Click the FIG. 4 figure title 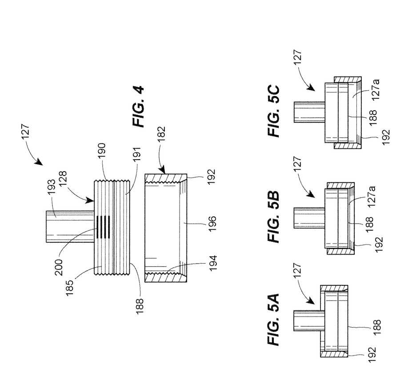[138, 107]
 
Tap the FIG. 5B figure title [273, 216]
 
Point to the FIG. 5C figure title [273, 111]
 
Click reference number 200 [59, 267]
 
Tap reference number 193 [51, 187]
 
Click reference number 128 [63, 179]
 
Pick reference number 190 [101, 151]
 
